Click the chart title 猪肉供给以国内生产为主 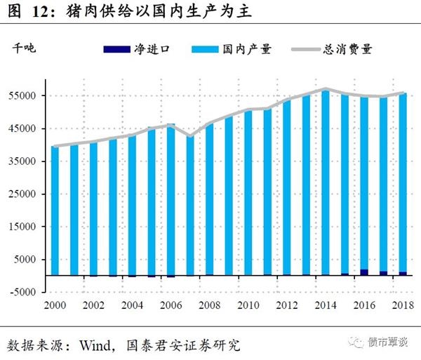162,12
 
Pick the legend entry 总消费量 347,49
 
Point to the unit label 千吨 22,48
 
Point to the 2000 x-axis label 55,305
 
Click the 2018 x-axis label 402,305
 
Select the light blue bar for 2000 55,211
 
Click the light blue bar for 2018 402,182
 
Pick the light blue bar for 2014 325,182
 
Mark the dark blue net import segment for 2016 363,272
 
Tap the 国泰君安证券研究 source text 182,345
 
